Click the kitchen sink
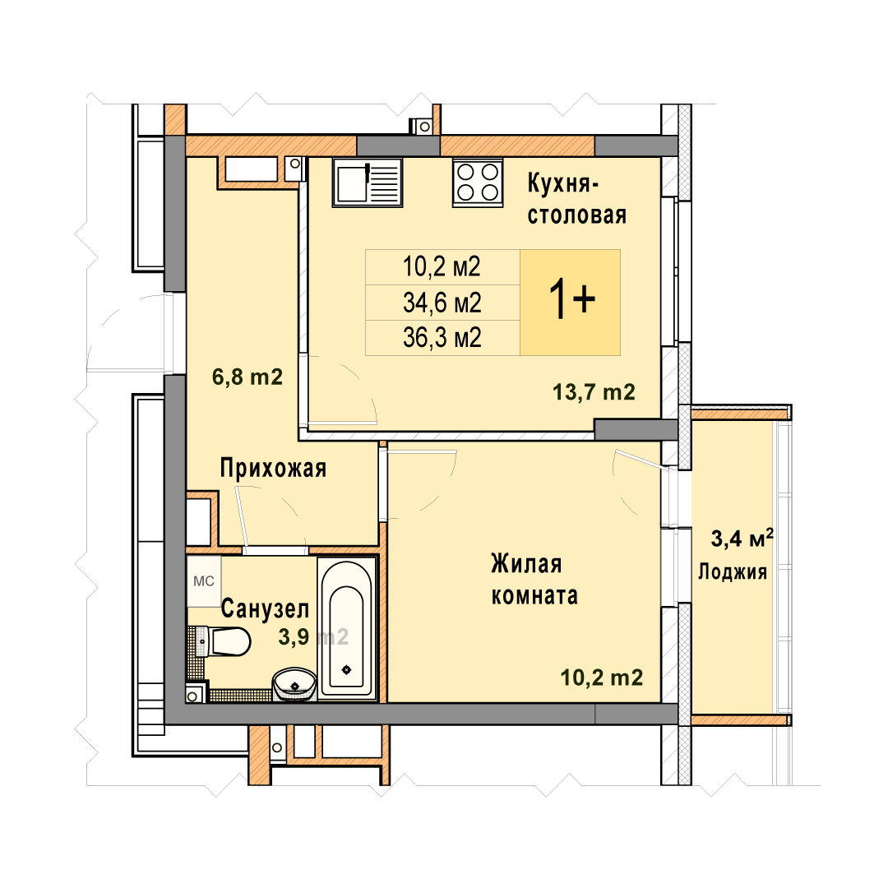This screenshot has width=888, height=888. (x=368, y=182)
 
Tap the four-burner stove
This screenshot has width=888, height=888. (x=478, y=182)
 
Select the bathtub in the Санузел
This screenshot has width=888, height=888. (x=347, y=629)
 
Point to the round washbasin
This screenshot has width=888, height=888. (x=294, y=684)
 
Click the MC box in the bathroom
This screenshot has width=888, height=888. (x=204, y=581)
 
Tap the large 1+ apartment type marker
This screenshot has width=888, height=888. (x=571, y=301)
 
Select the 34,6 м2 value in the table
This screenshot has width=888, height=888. (x=442, y=303)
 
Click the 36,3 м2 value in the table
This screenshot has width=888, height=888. (x=442, y=338)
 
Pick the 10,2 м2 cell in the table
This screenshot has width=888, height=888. (x=442, y=266)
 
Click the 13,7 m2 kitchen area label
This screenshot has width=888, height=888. (x=594, y=392)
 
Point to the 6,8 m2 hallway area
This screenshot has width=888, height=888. (x=247, y=377)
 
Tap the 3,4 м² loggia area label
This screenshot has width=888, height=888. (x=742, y=539)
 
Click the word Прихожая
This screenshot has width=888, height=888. (x=273, y=469)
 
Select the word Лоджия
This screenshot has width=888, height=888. (x=733, y=572)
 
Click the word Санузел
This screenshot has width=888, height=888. (x=265, y=608)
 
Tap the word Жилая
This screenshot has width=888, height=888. (x=526, y=564)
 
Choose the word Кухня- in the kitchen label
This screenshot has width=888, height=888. (x=563, y=184)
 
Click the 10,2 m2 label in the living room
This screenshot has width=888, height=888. (x=601, y=678)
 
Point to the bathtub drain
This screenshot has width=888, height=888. (x=347, y=670)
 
